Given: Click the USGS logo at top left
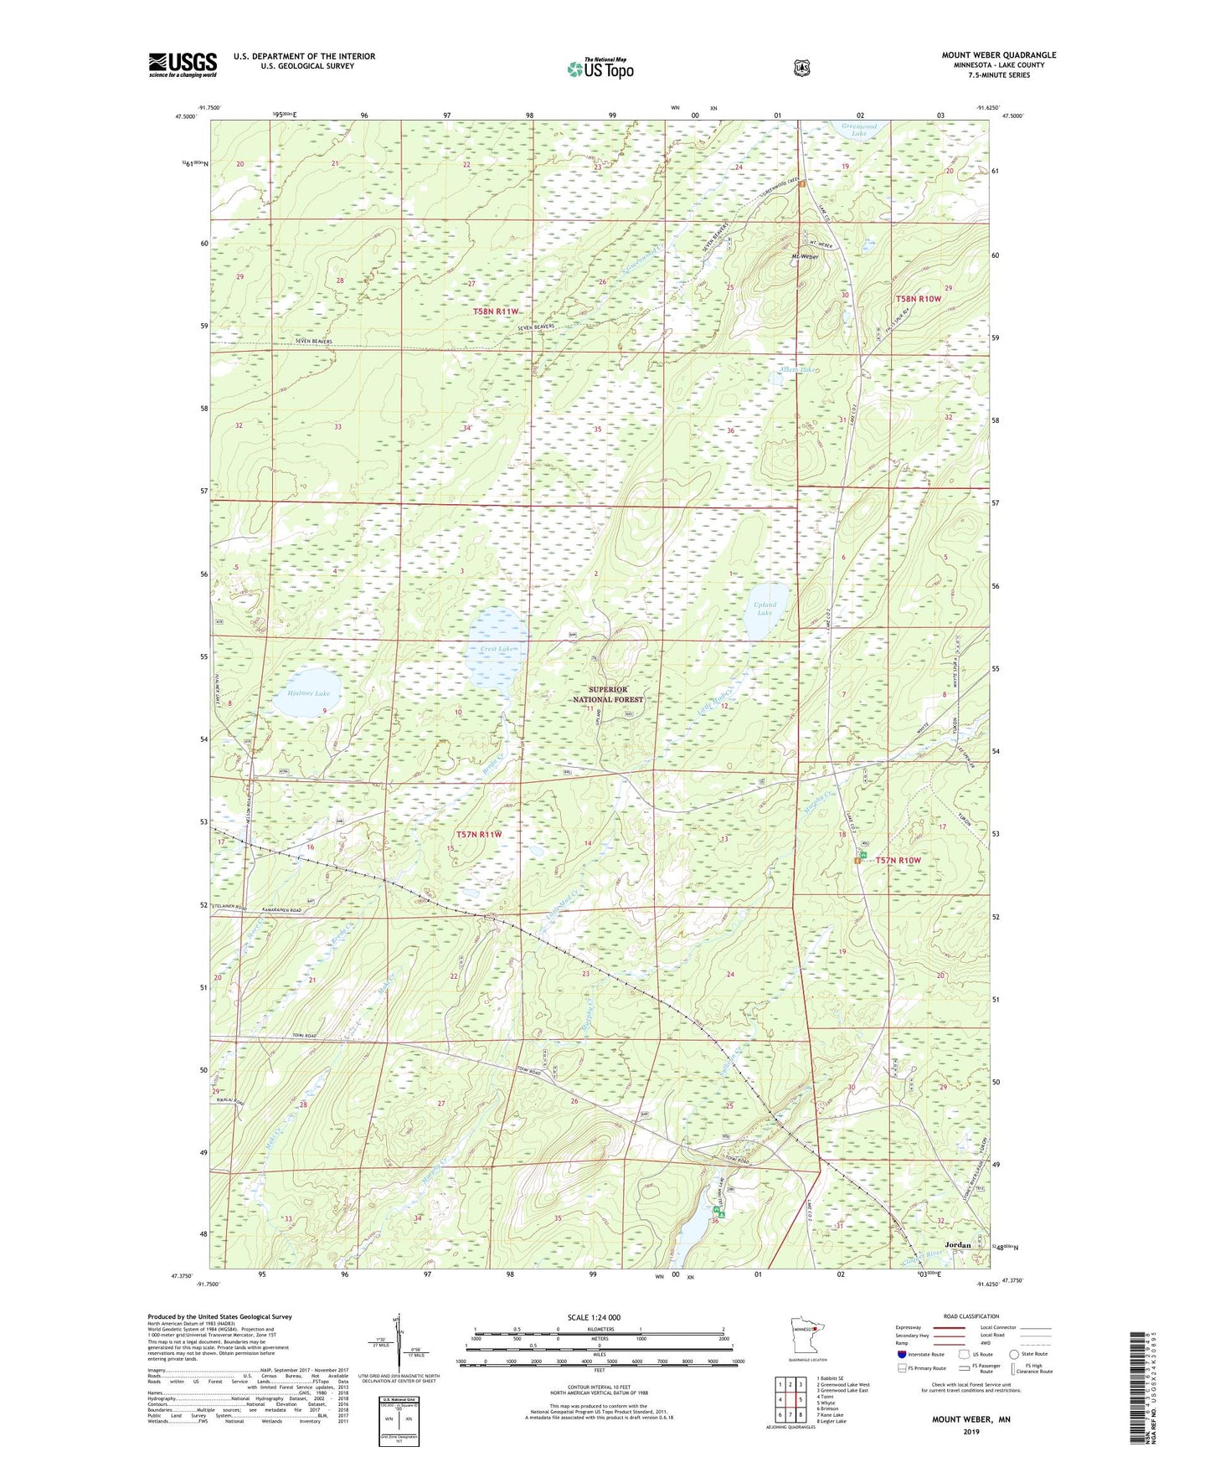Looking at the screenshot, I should [x=183, y=64].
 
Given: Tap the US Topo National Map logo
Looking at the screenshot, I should [x=599, y=69].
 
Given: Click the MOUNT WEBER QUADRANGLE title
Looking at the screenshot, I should [x=998, y=55].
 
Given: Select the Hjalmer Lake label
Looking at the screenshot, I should [x=302, y=693].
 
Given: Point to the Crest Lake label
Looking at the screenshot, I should [x=497, y=649].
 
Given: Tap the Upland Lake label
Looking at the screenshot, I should [x=765, y=608].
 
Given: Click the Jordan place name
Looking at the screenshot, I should [x=957, y=1245].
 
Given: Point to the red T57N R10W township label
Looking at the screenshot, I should [x=898, y=860].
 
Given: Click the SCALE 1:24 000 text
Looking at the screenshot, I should [x=594, y=1318].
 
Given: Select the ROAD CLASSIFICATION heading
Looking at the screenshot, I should [x=971, y=1316].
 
